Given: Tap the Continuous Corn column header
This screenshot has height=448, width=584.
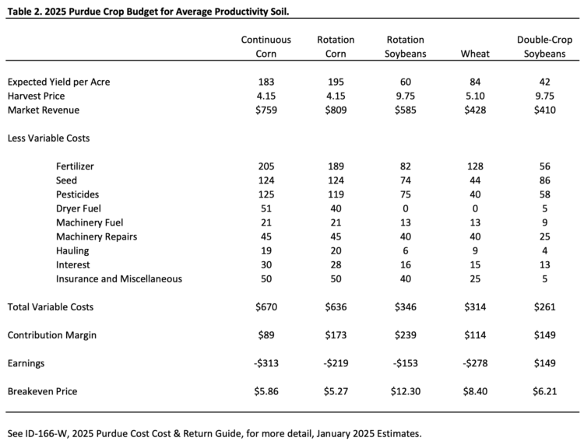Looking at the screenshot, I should coord(266,47).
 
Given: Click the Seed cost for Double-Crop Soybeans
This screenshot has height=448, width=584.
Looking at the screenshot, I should coord(547,180).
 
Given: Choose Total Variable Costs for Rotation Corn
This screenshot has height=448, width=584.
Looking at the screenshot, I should coord(336,307).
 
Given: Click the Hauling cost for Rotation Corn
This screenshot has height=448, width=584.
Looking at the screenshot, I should coord(336,250).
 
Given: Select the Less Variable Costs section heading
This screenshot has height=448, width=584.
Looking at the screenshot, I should coord(48,138).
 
